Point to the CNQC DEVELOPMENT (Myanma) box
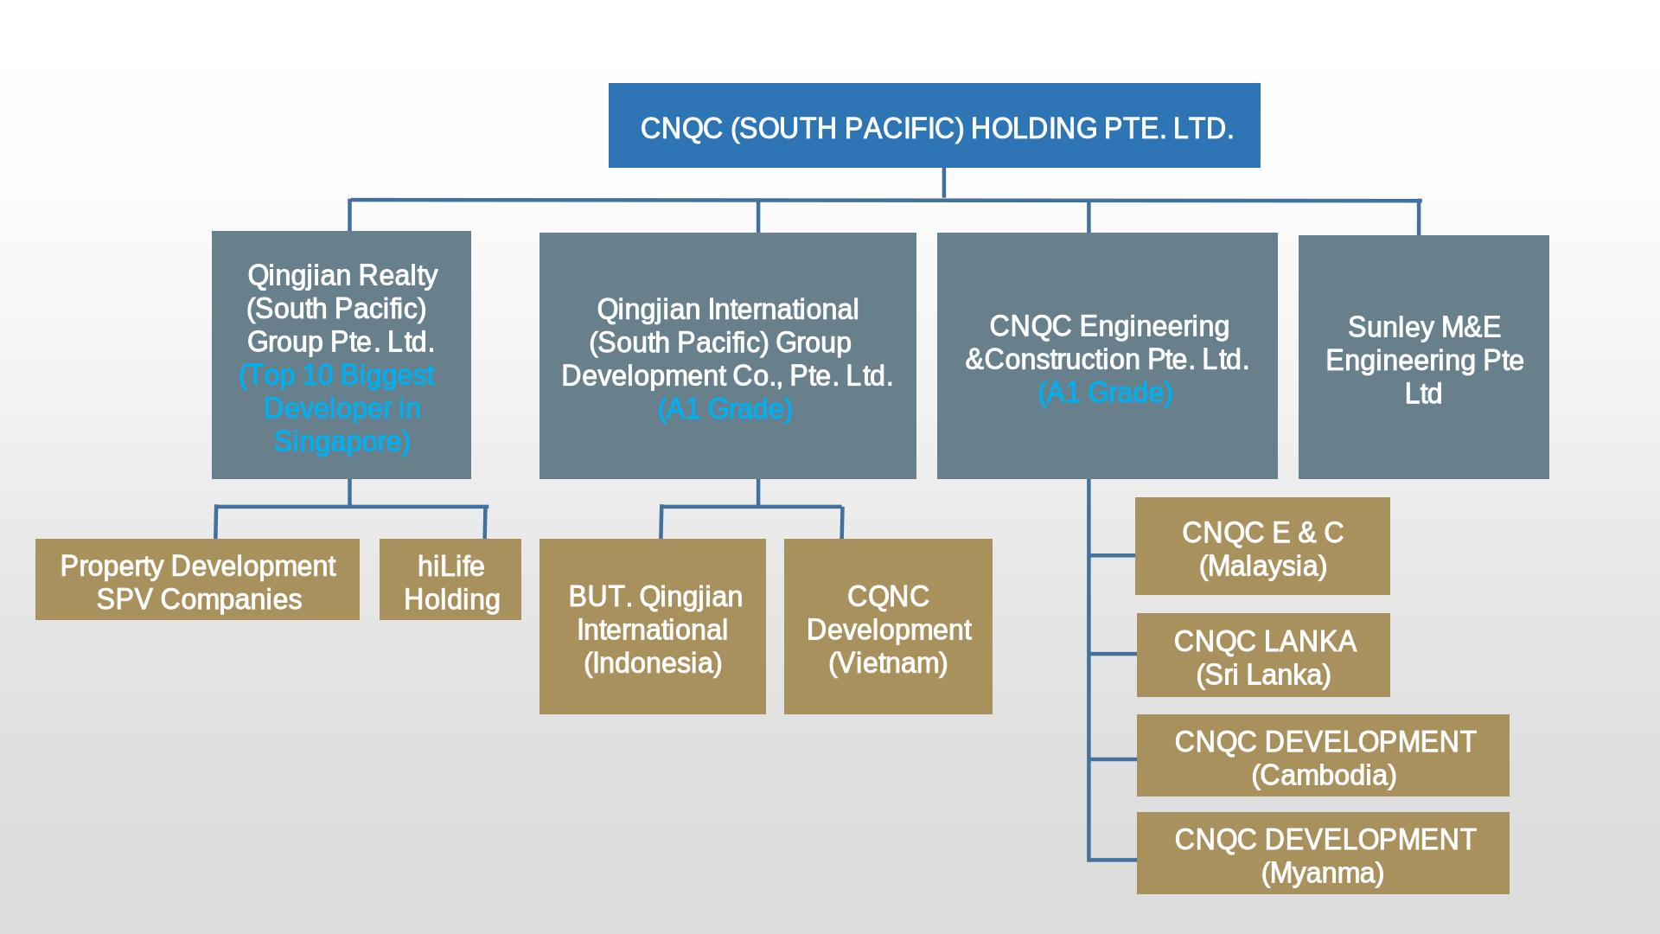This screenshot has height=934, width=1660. [1323, 854]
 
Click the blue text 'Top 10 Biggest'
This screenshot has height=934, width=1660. [337, 375]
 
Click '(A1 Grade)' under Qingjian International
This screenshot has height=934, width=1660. [725, 409]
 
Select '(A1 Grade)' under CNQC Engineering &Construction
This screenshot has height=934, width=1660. [1105, 393]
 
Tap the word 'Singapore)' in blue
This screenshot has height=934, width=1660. [342, 442]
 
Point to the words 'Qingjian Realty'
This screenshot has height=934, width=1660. [342, 276]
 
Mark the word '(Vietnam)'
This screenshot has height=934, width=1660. [888, 663]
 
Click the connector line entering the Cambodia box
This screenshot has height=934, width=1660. [1113, 758]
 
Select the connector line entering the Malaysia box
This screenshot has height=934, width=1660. [1112, 555]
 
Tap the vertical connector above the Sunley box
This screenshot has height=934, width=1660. [1419, 218]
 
